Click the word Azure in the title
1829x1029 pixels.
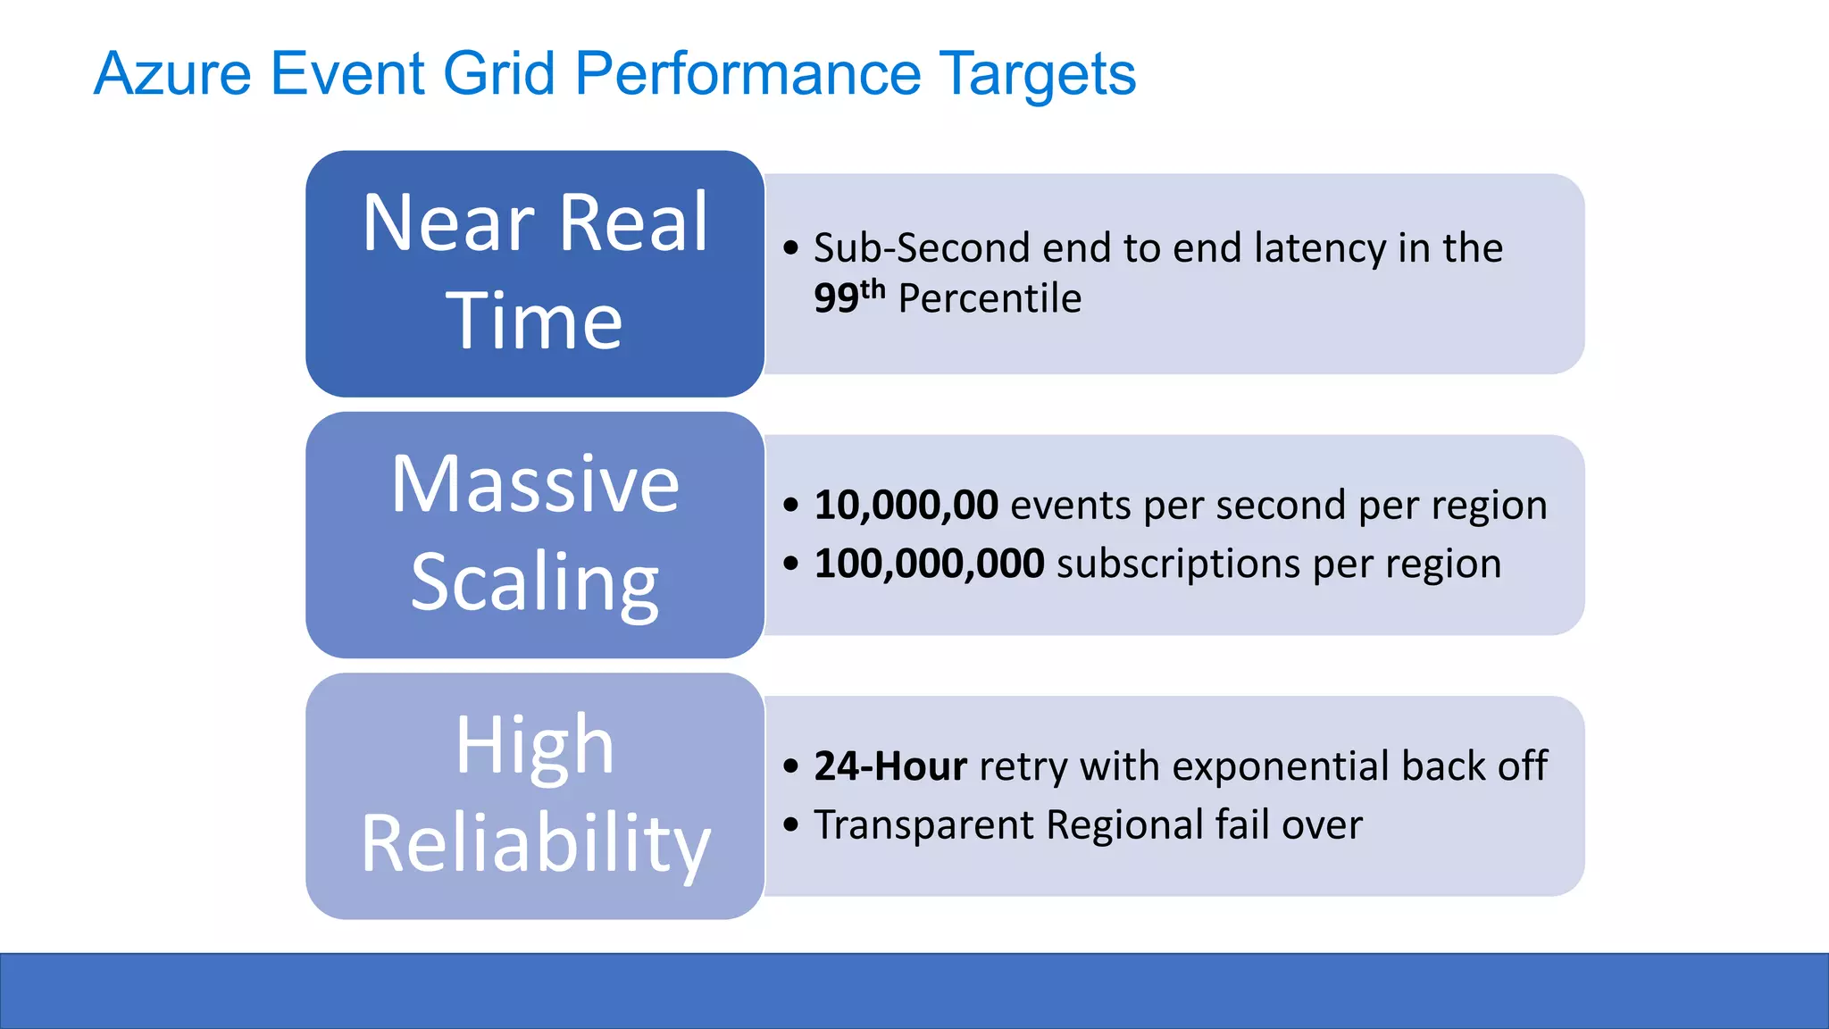pyautogui.click(x=172, y=73)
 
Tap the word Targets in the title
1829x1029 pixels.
pyautogui.click(x=1037, y=73)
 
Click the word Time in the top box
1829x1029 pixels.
pyautogui.click(x=534, y=321)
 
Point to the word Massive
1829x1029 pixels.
pyautogui.click(x=534, y=484)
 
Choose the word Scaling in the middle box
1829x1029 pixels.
pyautogui.click(x=534, y=582)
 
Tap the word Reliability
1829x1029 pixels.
pyautogui.click(x=534, y=843)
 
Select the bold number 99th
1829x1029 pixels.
pyautogui.click(x=848, y=297)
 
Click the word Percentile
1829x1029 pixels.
pyautogui.click(x=990, y=298)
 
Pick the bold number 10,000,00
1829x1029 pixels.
pyautogui.click(x=906, y=506)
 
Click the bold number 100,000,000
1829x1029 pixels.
pyautogui.click(x=929, y=564)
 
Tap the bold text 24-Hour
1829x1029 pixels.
pyautogui.click(x=890, y=766)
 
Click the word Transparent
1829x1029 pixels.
pyautogui.click(x=923, y=824)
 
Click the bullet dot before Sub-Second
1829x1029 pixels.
pyautogui.click(x=790, y=248)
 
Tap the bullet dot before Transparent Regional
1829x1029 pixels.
pyautogui.click(x=790, y=824)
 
